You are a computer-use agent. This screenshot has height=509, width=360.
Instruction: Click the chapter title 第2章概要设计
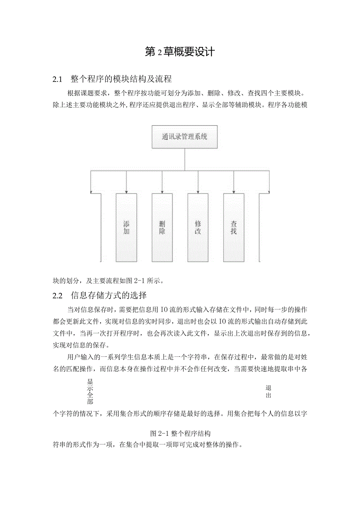[x=180, y=52]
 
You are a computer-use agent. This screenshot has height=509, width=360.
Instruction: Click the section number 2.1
[x=58, y=79]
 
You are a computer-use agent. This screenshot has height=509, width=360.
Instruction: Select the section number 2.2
[x=58, y=295]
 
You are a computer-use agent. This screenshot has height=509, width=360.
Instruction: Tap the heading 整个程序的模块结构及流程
[x=121, y=79]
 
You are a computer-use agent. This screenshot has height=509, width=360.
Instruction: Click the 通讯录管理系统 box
[x=184, y=137]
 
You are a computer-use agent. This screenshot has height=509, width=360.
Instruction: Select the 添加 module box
[x=126, y=228]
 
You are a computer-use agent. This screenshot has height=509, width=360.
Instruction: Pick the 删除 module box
[x=162, y=228]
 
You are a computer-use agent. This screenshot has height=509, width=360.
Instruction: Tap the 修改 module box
[x=198, y=228]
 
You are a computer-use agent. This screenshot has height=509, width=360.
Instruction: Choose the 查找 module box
[x=234, y=228]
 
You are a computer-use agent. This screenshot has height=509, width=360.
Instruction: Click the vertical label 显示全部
[x=90, y=391]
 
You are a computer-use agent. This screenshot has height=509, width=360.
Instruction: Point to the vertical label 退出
[x=268, y=392]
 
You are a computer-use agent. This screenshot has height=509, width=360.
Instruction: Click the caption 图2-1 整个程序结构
[x=180, y=433]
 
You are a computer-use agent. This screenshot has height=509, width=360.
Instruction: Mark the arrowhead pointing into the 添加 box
[x=126, y=191]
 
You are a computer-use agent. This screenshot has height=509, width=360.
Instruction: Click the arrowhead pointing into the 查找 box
[x=234, y=191]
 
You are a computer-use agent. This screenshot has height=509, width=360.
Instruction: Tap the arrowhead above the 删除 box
[x=162, y=191]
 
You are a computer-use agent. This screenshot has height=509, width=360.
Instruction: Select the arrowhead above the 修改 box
[x=198, y=191]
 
